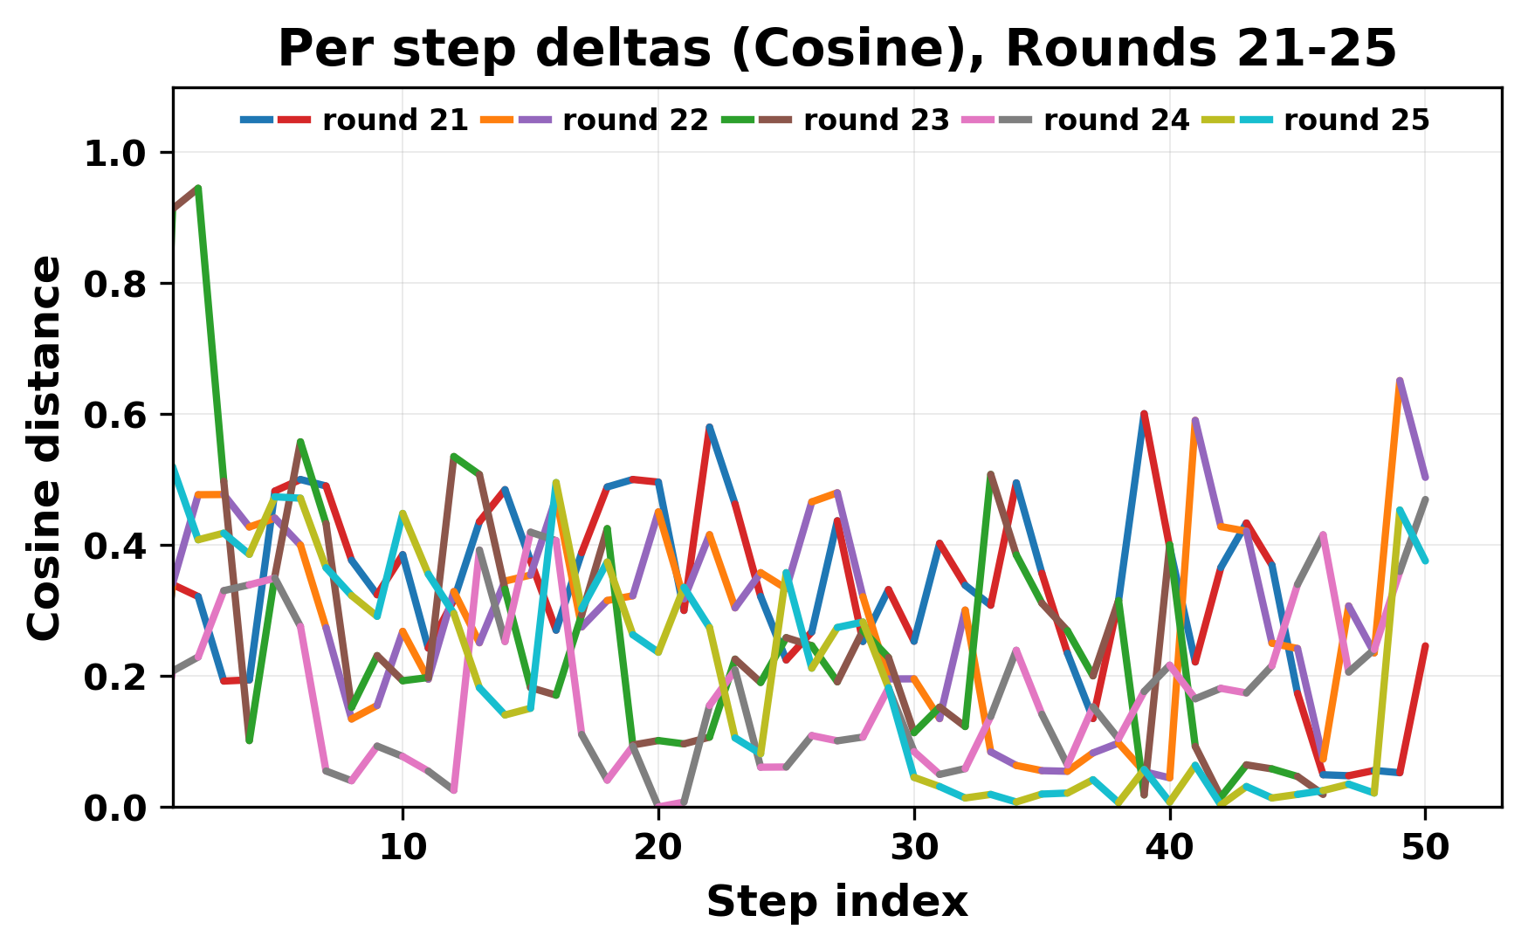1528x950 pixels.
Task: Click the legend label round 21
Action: pos(396,120)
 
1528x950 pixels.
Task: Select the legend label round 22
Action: pos(636,120)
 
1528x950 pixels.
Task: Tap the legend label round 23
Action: pos(876,120)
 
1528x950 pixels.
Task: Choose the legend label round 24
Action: pos(1117,120)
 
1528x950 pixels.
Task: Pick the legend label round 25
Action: pos(1357,120)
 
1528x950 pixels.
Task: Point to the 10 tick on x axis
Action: pos(403,848)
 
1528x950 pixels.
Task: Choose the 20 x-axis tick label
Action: pos(658,848)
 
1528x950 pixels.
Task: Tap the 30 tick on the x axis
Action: pos(914,848)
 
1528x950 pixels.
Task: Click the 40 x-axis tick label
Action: pos(1170,848)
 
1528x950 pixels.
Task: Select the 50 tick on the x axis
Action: pos(1426,848)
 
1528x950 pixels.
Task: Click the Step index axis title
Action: pos(837,902)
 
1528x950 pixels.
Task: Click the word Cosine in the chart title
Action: pos(883,50)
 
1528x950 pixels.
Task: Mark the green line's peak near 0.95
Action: pos(199,188)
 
